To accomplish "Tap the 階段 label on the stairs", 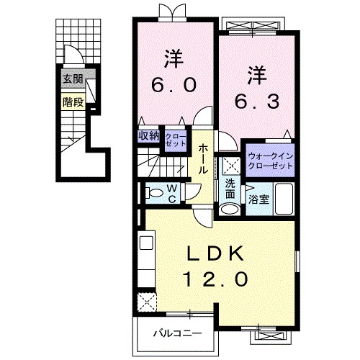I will click(x=72, y=102).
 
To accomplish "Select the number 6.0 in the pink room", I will click(x=173, y=85).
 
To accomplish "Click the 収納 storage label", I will click(x=149, y=135).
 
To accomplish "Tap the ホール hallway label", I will click(x=204, y=159).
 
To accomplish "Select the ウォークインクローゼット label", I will click(x=270, y=160).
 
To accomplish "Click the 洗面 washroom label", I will click(x=230, y=189).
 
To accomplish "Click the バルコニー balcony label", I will click(x=176, y=333).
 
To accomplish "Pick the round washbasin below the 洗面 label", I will click(x=229, y=209).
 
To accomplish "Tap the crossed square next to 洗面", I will click(x=230, y=165).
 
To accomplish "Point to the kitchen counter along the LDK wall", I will click(x=144, y=259).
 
